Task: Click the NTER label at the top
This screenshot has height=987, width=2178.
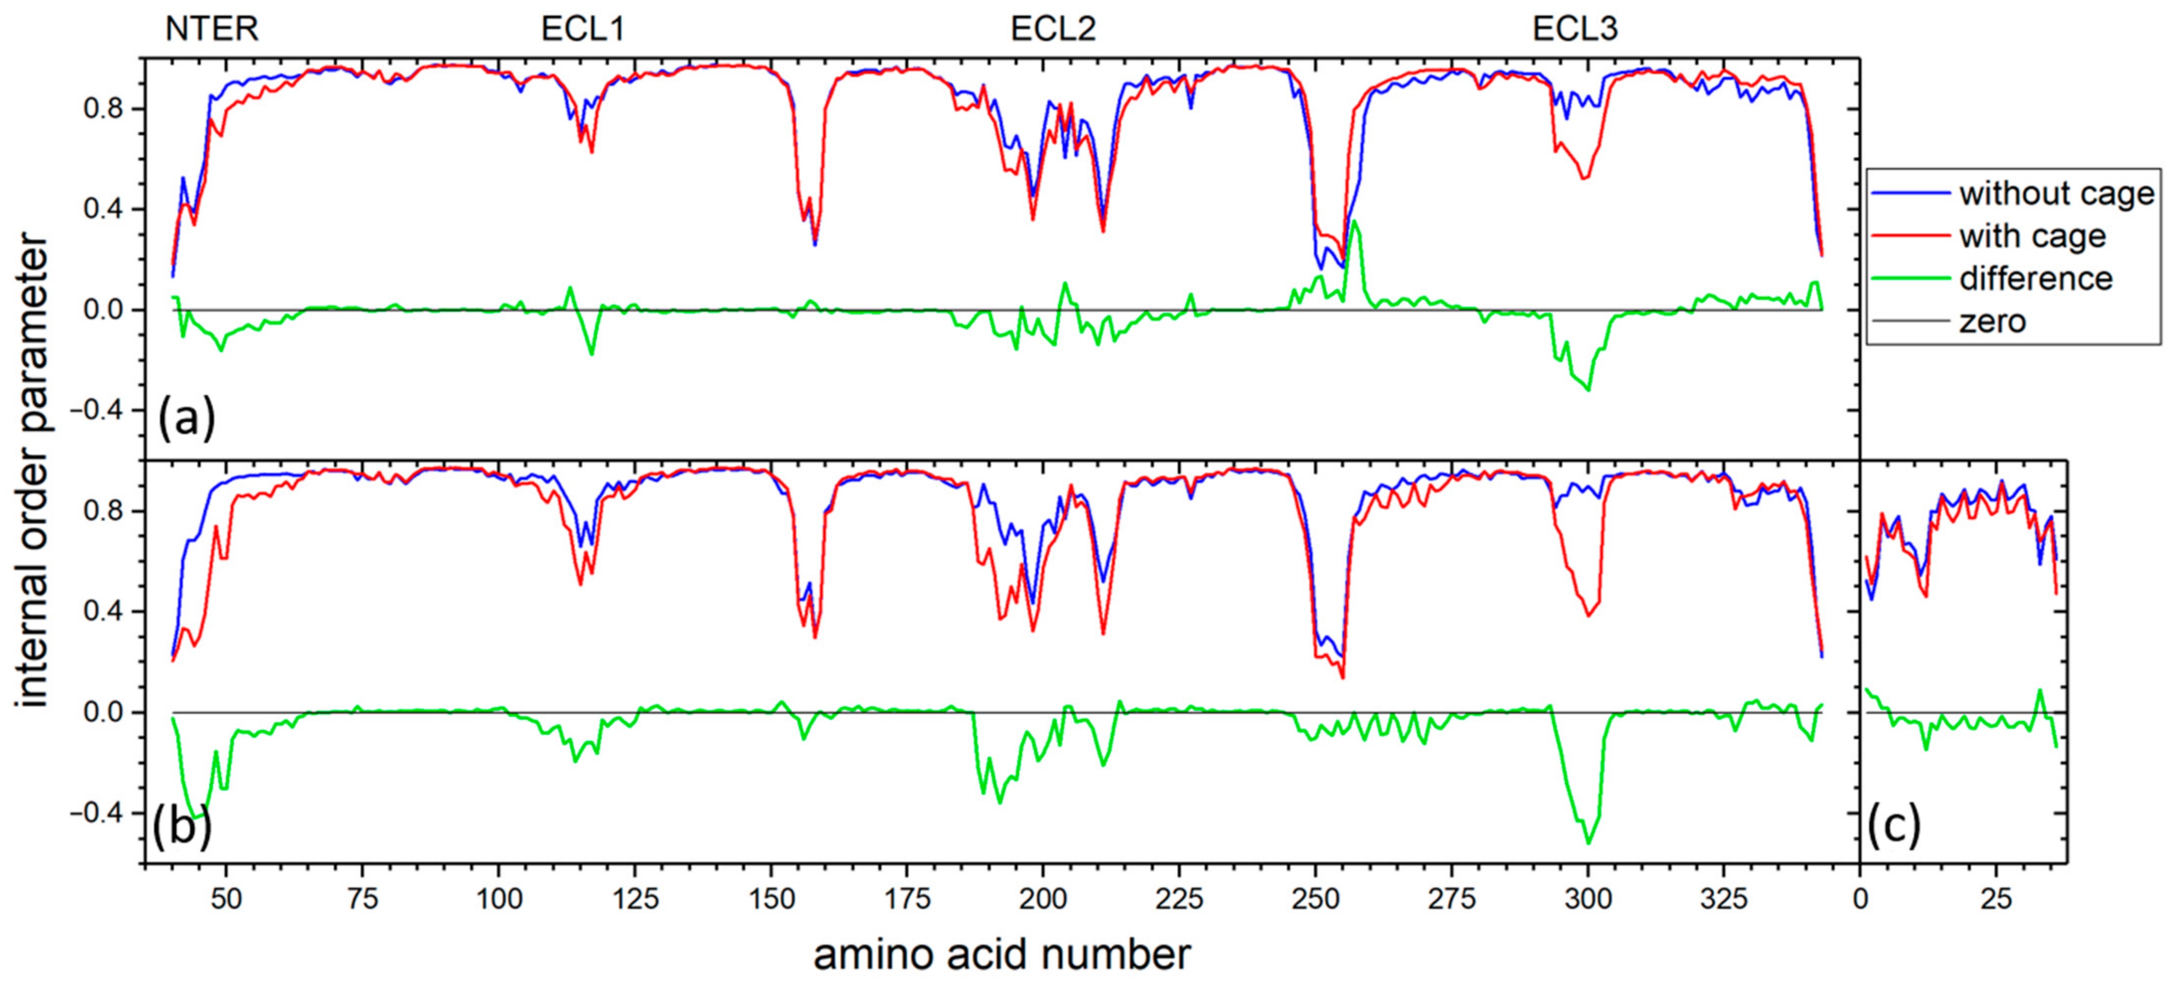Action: coord(211,29)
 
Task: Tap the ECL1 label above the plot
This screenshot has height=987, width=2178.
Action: coord(582,29)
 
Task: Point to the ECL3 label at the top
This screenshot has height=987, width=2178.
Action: coord(1574,29)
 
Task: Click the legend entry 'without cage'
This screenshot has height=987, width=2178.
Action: coord(2056,194)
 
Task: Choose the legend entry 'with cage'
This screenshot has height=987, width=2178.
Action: coord(2032,236)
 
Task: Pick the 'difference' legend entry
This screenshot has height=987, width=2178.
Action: coord(2036,278)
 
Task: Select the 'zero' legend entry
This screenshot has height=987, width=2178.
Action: coord(1992,322)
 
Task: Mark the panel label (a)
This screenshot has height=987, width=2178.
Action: coord(187,417)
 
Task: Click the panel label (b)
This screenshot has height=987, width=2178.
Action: coord(182,826)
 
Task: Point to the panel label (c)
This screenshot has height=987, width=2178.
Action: coord(1894,826)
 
